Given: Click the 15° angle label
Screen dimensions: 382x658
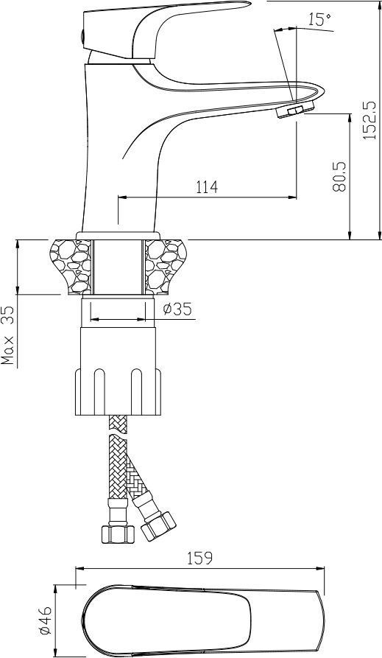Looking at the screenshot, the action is click(x=320, y=20).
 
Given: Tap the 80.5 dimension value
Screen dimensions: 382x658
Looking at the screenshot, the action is click(x=339, y=176).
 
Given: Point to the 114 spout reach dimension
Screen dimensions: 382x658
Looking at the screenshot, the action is click(x=207, y=186).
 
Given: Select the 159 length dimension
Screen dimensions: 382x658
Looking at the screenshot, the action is click(x=199, y=558).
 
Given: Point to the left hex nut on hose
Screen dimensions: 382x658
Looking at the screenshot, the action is click(x=118, y=533).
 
